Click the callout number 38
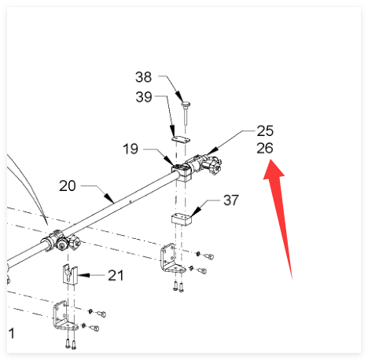point(143,77)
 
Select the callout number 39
point(144,97)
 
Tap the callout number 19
point(131,149)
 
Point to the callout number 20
point(68,186)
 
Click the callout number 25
point(265,130)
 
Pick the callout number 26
point(265,148)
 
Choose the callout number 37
point(231,200)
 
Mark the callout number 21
point(116,275)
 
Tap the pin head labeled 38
point(186,105)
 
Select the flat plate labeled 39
point(181,139)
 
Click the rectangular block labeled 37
point(182,220)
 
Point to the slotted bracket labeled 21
point(70,274)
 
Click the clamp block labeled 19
point(182,172)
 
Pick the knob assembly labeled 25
point(207,164)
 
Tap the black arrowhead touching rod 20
point(110,198)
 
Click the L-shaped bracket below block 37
point(171,259)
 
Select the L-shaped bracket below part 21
point(64,317)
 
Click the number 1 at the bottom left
point(12,333)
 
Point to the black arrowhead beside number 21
point(84,275)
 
